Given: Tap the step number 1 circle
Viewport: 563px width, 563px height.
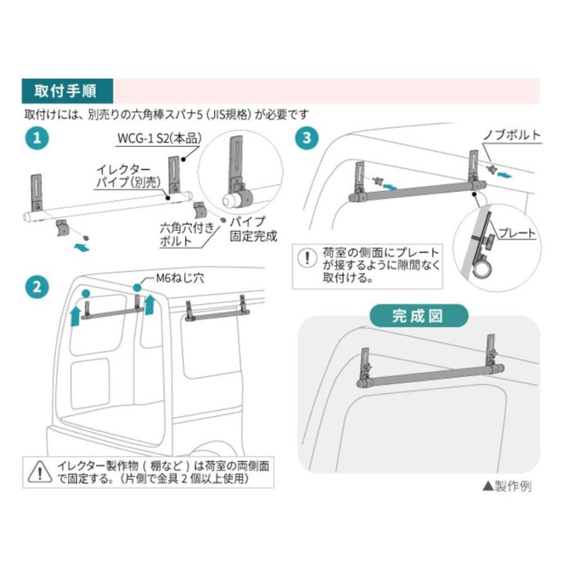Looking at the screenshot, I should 38,138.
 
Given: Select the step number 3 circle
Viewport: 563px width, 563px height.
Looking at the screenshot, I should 306,138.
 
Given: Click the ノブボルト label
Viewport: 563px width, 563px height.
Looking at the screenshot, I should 512,134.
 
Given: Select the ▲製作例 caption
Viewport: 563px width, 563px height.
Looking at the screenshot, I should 506,486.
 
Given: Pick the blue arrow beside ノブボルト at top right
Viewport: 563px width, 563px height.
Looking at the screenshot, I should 510,173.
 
